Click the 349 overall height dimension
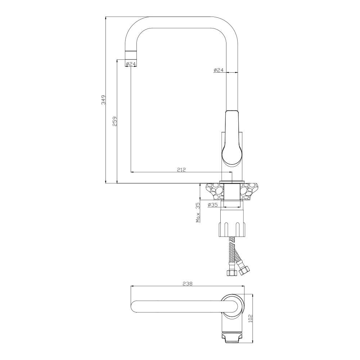point(104,100)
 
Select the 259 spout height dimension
point(115,121)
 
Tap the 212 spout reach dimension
point(181,170)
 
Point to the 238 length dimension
point(188,284)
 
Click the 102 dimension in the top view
point(251,318)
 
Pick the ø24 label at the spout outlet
point(131,64)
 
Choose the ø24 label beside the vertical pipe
point(219,70)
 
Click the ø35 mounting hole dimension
point(212,204)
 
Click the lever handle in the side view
point(231,138)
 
